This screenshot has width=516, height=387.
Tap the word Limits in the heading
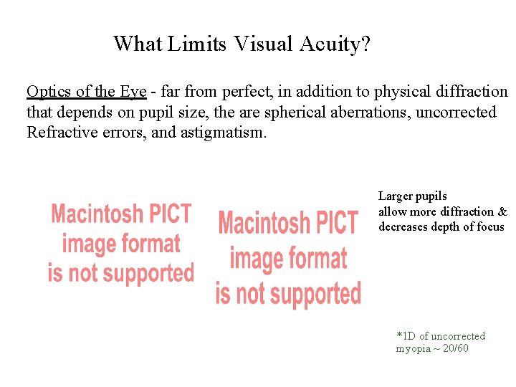click(x=196, y=44)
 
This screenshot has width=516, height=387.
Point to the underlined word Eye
click(x=133, y=92)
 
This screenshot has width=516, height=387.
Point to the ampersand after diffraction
click(x=502, y=211)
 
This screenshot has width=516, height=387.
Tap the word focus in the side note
click(x=491, y=227)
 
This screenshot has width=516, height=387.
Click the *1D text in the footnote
click(x=406, y=336)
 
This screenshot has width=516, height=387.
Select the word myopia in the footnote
click(x=413, y=348)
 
